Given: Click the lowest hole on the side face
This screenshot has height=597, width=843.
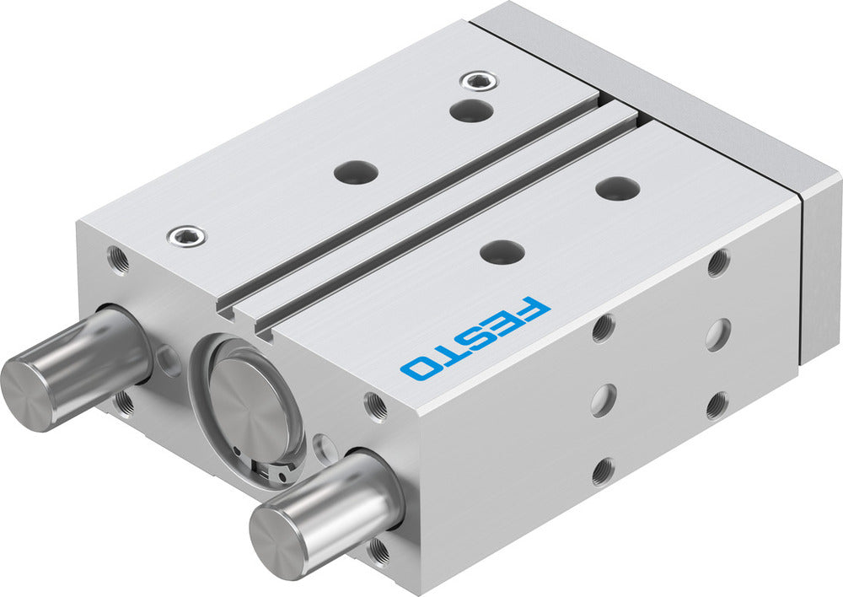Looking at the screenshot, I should pos(602,472).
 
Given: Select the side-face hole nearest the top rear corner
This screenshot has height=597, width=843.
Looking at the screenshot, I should pos(718,263).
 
